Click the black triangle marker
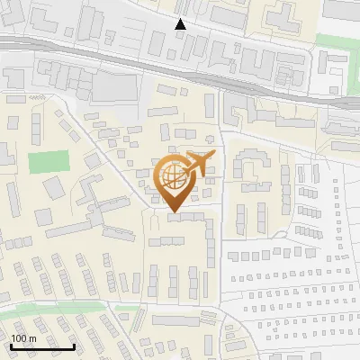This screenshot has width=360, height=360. (x=181, y=24)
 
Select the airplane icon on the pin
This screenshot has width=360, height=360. (x=199, y=163)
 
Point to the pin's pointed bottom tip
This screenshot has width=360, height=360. (x=173, y=212)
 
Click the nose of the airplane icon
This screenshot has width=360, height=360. (x=214, y=157)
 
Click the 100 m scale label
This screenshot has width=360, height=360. (x=23, y=337)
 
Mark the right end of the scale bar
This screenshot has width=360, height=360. (x=75, y=346)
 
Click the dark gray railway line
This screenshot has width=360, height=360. (x=180, y=71)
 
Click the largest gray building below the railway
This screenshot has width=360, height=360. (x=112, y=86)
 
